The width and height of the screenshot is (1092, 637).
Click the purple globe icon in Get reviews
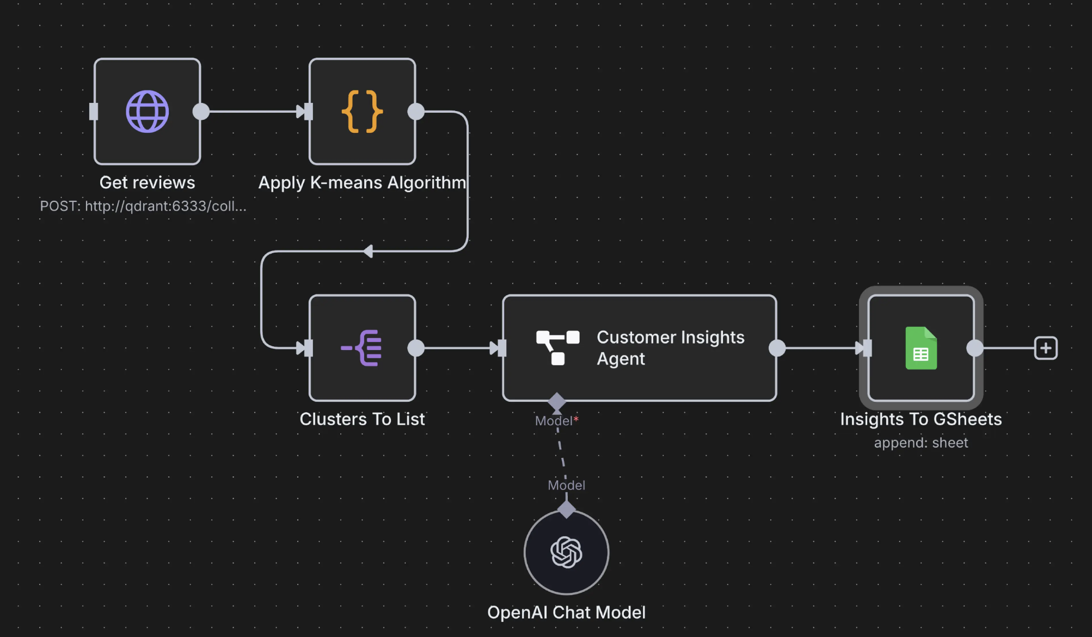(x=147, y=112)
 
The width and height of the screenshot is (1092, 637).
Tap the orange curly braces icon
(x=362, y=112)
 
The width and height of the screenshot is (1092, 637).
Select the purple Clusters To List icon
(x=362, y=348)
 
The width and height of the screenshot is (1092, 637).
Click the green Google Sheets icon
(x=921, y=348)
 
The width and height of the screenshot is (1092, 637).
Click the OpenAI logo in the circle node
(x=566, y=552)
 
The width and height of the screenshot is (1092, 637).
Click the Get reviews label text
(x=147, y=182)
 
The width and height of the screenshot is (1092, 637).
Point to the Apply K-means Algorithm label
(x=362, y=182)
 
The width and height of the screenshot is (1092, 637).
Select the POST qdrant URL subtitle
(x=143, y=206)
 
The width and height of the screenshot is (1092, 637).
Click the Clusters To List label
(x=362, y=419)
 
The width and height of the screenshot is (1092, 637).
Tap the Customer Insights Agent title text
(x=670, y=348)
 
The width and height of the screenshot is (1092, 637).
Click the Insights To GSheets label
(x=921, y=419)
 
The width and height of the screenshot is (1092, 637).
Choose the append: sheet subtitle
(x=921, y=443)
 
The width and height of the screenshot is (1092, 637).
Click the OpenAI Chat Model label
(x=566, y=612)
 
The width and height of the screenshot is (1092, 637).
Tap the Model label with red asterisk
(x=556, y=421)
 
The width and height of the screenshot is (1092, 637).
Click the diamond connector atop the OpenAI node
(x=566, y=510)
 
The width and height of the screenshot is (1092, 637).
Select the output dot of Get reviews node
(x=201, y=112)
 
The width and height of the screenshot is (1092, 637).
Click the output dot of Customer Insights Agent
(x=777, y=348)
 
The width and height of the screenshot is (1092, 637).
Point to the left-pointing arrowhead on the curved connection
(x=369, y=251)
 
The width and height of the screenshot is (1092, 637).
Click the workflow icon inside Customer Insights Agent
(x=557, y=347)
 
